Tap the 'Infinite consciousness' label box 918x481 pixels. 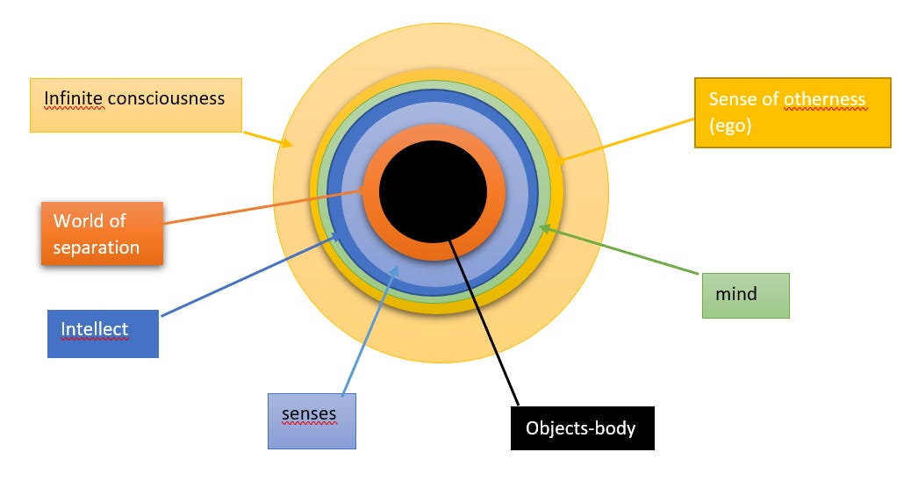(x=136, y=105)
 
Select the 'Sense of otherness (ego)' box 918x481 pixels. (x=792, y=112)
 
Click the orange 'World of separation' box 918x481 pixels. (x=102, y=233)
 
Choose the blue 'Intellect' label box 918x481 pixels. (x=103, y=334)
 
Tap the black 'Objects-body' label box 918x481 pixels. (x=582, y=427)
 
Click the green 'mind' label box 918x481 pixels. (x=745, y=295)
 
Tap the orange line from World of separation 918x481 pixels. (x=263, y=206)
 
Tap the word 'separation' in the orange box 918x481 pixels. (x=96, y=247)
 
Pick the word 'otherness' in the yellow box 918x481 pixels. (x=824, y=99)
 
